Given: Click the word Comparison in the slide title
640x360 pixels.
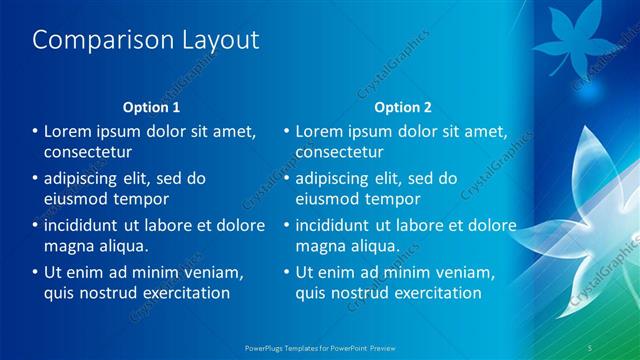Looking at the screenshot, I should pos(98,40).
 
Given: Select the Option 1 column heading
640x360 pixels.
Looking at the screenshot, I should pos(152,107).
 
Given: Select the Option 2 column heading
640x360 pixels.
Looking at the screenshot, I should pos(404,107).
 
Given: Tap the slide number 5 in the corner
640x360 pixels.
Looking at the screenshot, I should pos(592,346).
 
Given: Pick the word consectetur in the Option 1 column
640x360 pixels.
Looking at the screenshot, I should pos(88,152).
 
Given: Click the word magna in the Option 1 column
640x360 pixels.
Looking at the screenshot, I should pos(67,245).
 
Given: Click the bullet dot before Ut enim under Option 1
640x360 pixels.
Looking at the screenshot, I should pos(35,272).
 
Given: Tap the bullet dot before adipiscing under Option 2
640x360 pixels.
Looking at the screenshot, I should pos(287,178).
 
